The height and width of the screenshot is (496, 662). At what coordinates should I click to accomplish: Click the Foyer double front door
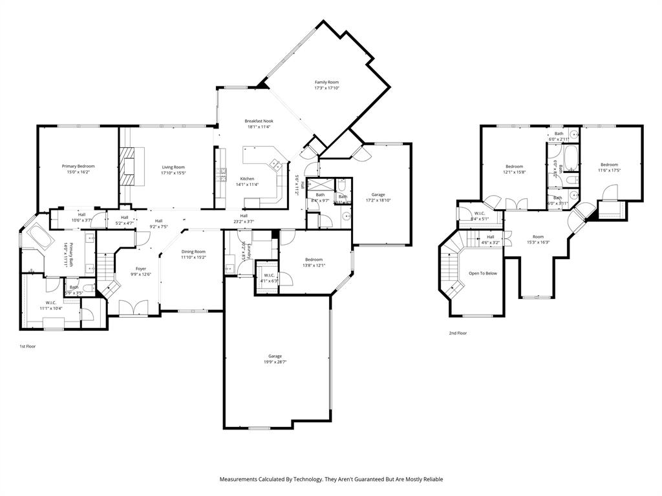click(x=133, y=309)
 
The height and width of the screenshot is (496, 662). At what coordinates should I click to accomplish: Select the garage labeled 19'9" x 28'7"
click(x=275, y=359)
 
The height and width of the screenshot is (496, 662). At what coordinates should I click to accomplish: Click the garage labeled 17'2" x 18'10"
click(x=378, y=197)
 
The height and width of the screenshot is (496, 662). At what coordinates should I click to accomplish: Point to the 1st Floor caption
click(x=27, y=347)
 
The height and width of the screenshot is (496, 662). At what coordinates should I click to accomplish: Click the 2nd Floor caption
click(x=458, y=333)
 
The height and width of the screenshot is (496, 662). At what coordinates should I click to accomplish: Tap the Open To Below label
click(x=483, y=273)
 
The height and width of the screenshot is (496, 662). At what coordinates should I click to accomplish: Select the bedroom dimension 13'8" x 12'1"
click(x=314, y=265)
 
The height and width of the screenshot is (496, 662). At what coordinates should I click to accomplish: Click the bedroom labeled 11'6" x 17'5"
click(x=609, y=168)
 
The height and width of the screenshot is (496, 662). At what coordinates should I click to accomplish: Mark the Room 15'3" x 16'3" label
click(x=538, y=240)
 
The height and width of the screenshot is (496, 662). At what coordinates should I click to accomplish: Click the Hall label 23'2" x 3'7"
click(x=244, y=219)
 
